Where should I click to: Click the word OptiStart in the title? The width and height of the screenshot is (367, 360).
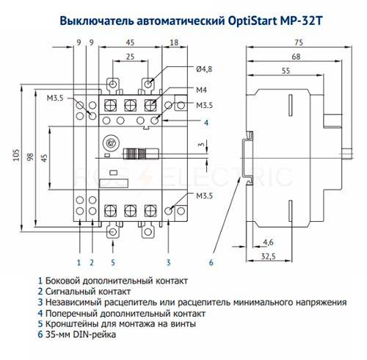252,21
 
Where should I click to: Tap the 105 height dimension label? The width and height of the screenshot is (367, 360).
16,155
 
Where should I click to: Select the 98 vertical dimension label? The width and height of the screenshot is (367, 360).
30,157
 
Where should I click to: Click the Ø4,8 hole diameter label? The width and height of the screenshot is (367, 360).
204,69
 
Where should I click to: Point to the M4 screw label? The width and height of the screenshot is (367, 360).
201,90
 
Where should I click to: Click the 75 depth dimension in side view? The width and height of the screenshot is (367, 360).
299,43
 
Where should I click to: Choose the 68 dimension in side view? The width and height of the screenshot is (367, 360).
296,57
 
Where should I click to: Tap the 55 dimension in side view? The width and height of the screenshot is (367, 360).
286,71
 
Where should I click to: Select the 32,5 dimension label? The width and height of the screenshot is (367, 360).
269,256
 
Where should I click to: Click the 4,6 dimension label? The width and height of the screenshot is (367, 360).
268,242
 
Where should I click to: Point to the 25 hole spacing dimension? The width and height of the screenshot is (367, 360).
130,57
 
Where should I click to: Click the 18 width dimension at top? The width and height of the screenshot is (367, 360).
174,43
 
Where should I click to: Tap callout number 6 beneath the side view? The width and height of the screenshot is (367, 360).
211,263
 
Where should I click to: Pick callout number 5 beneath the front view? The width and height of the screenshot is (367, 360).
113,263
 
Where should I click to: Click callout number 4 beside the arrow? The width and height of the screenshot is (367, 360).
206,123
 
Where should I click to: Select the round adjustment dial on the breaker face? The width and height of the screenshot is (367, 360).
110,143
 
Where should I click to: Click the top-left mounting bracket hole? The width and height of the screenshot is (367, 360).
112,84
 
